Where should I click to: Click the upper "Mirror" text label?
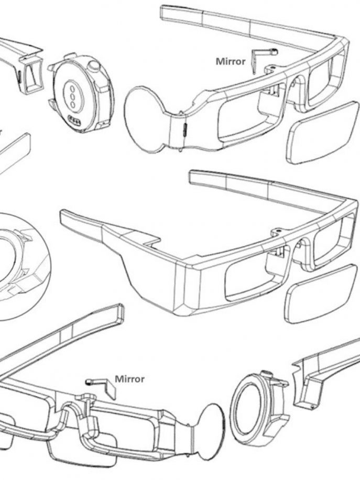pos(231,61)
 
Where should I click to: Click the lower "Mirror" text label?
pos(129,379)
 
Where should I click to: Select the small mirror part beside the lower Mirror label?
pos(101,387)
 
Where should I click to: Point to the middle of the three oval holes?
pos(72,96)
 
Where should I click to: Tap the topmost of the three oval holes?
pos(73,89)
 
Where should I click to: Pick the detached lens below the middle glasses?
pos(321,293)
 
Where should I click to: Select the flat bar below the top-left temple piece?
pos(15,153)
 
